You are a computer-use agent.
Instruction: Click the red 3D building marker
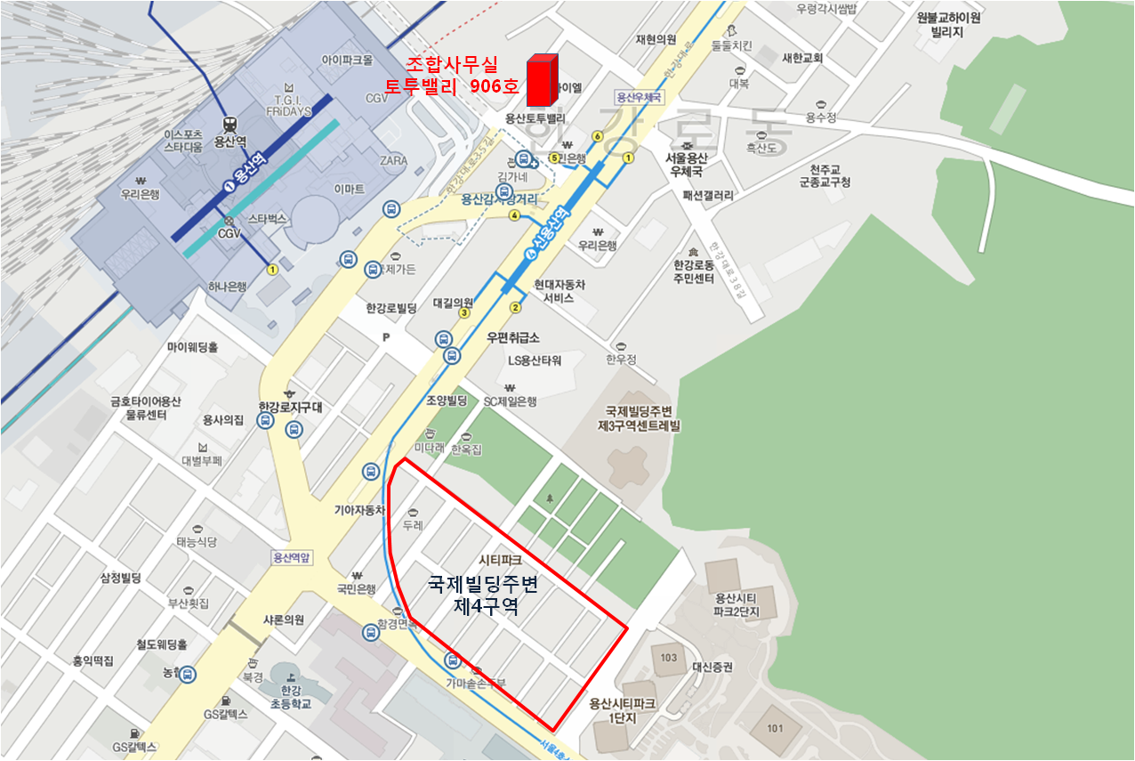(x=542, y=80)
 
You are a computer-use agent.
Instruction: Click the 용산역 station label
(x=230, y=141)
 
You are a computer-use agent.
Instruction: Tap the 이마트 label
(x=350, y=190)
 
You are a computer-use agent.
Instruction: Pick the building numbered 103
(x=669, y=658)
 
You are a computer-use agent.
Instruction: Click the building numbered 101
(x=774, y=729)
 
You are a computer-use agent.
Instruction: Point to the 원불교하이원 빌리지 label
(x=948, y=23)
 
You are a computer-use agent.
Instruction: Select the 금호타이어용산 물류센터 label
(x=145, y=408)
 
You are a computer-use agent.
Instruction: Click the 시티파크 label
(x=500, y=560)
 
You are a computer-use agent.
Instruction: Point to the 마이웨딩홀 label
(x=193, y=347)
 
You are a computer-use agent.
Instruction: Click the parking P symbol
(x=385, y=337)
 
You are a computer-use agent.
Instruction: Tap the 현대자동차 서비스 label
(x=559, y=291)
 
